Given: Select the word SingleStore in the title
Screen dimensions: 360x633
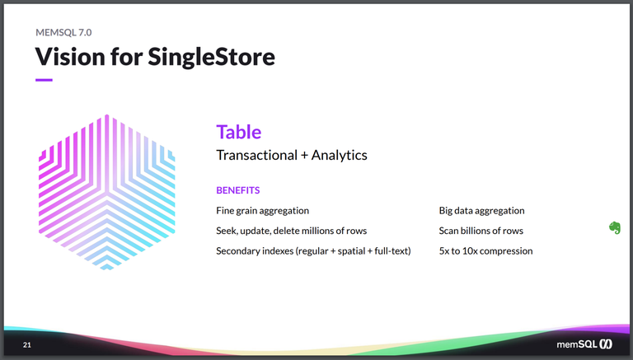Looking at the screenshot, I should (x=212, y=57).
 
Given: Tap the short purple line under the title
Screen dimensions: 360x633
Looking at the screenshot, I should (x=44, y=80).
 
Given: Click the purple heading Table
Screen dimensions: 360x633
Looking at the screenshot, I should (x=238, y=132).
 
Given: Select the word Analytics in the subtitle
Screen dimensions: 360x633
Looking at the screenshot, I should (x=339, y=155).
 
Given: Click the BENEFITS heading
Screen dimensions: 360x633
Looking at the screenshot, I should (x=237, y=190).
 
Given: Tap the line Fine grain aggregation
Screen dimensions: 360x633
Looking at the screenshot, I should (x=262, y=211).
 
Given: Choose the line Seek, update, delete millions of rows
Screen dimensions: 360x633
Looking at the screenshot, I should (x=291, y=231).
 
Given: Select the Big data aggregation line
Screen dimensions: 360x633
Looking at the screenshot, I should (x=481, y=211).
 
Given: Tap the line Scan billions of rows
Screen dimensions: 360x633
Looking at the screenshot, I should (x=481, y=231).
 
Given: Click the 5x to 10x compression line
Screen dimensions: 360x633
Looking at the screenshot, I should (x=485, y=250).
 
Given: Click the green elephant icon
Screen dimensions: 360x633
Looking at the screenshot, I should (x=614, y=228).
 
